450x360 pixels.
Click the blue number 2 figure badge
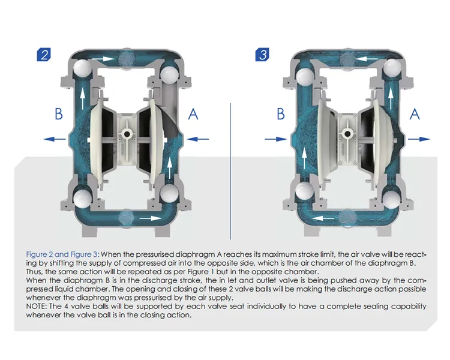[x=44, y=55]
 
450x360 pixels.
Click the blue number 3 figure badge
[x=262, y=55]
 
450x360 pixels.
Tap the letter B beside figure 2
[x=59, y=113]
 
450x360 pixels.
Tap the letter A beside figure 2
[x=193, y=114]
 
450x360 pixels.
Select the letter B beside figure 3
[x=281, y=113]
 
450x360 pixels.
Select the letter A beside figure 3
[x=415, y=114]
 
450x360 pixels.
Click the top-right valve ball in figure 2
[x=169, y=75]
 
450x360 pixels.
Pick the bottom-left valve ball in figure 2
[x=82, y=199]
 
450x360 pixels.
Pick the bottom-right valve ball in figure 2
[x=169, y=193]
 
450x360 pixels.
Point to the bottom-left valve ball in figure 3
[x=305, y=191]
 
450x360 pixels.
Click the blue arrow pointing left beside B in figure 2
[x=55, y=139]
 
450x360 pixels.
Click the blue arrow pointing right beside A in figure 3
[x=419, y=139]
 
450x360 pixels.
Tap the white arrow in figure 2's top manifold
[x=103, y=59]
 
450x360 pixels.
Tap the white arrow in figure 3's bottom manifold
[x=323, y=218]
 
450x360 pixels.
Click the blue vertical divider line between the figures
[x=230, y=171]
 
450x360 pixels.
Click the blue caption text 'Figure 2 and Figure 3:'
[x=63, y=254]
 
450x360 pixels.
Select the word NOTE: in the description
[x=37, y=307]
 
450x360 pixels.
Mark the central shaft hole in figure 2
[x=127, y=134]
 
